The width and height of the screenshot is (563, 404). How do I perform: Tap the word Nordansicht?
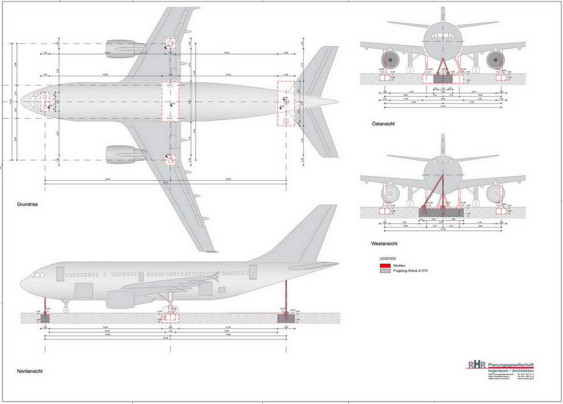coord(30,371)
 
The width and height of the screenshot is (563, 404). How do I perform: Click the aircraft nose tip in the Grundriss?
coord(22,102)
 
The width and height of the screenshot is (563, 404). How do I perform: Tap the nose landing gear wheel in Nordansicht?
coord(65,310)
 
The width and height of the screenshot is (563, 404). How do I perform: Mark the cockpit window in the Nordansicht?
coord(39,274)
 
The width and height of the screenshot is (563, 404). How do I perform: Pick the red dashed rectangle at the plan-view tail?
coord(286,102)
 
